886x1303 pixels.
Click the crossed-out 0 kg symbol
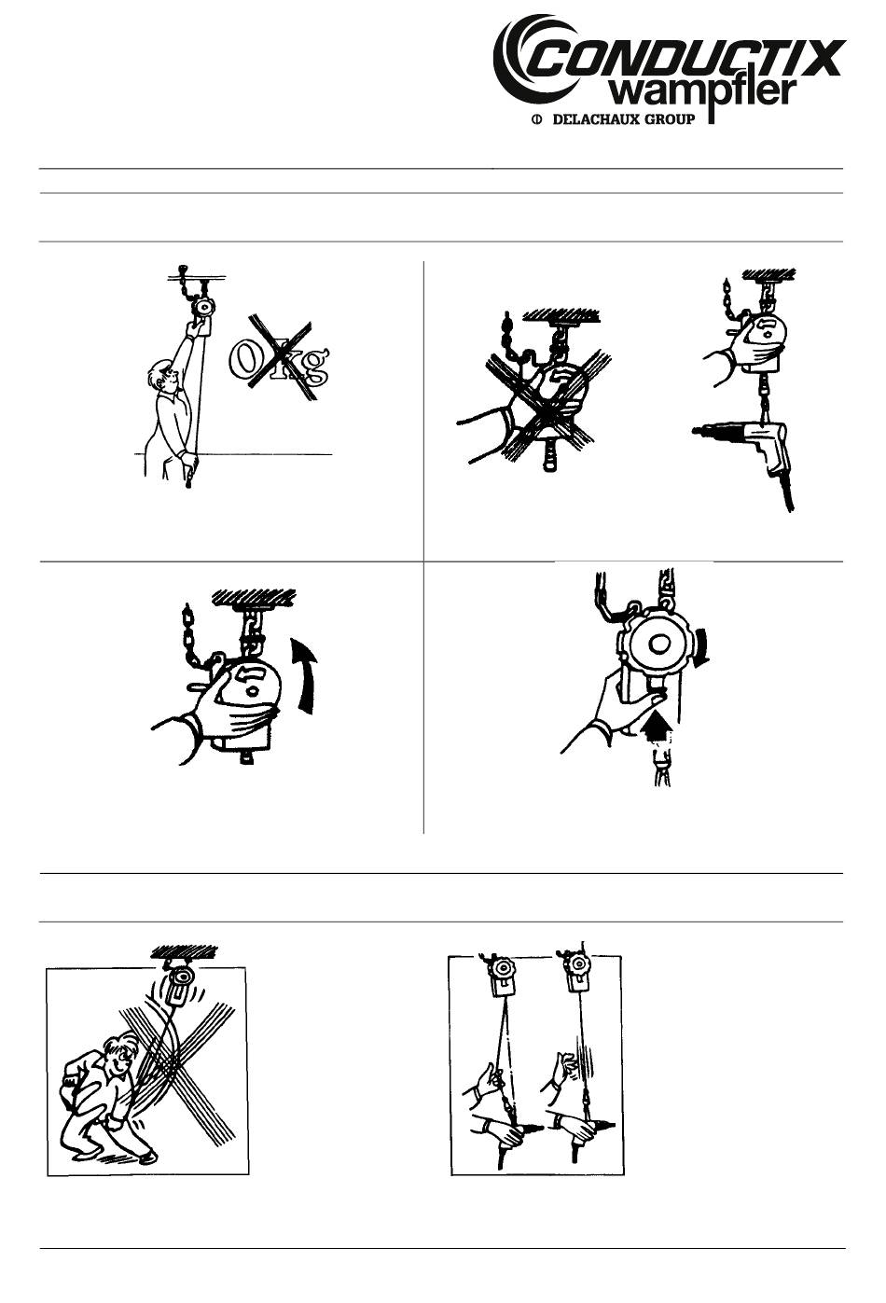click(279, 358)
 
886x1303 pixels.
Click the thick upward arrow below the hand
click(658, 728)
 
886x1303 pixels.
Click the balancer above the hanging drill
click(759, 342)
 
